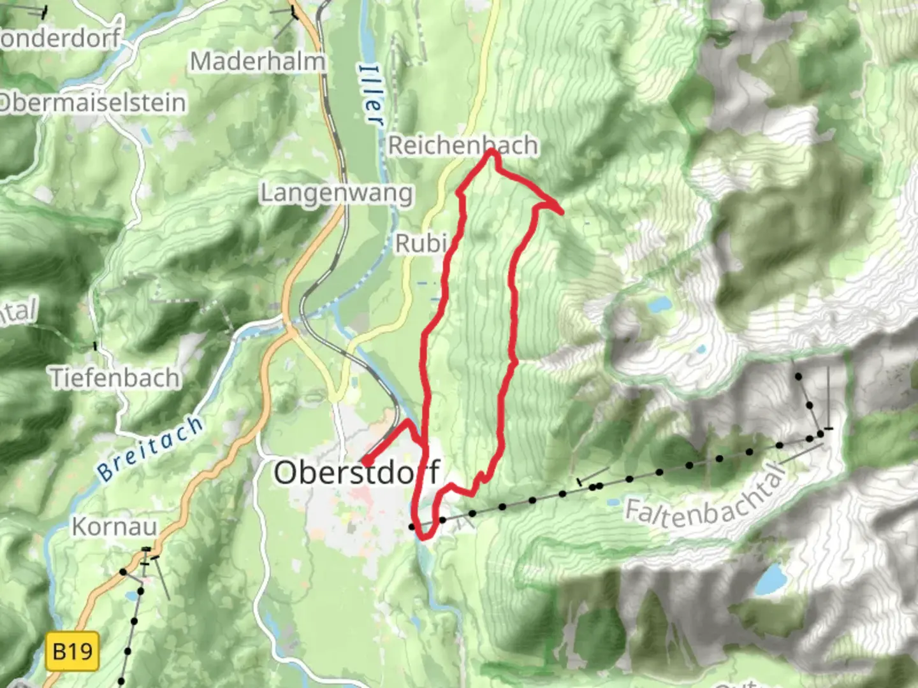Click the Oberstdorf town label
[357, 473]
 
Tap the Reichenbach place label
[463, 145]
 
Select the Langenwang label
[337, 193]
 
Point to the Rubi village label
[419, 243]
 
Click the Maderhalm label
[258, 62]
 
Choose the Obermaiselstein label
[92, 103]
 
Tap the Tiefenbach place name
[115, 378]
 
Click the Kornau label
[114, 527]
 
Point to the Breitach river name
[150, 448]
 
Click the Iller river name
[372, 94]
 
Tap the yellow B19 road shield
[73, 651]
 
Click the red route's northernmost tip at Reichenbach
[491, 151]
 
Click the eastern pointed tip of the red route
[562, 212]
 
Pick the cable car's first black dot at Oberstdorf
[412, 527]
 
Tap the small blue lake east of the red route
[657, 305]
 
